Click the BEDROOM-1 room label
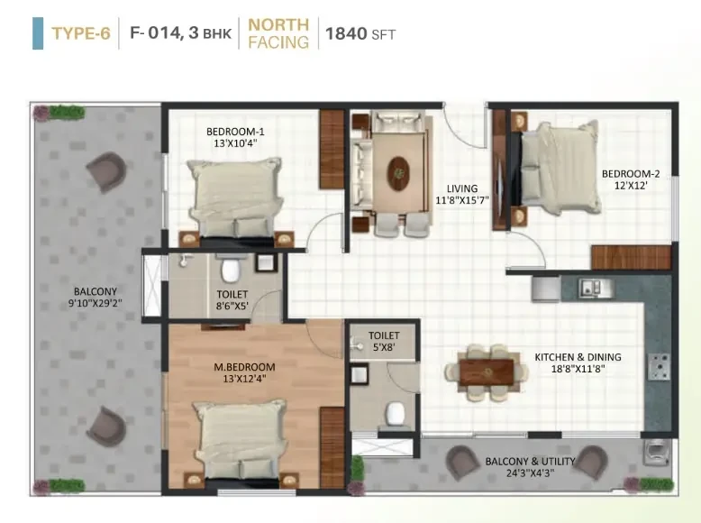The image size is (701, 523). pyautogui.click(x=235, y=132)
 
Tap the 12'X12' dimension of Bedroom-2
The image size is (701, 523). pyautogui.click(x=631, y=185)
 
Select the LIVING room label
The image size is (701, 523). pyautogui.click(x=462, y=188)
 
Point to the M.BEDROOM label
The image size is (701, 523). pyautogui.click(x=244, y=367)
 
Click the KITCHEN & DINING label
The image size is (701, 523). pyautogui.click(x=578, y=357)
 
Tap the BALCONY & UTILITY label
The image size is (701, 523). pyautogui.click(x=530, y=462)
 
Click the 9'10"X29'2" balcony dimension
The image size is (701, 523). pyautogui.click(x=96, y=303)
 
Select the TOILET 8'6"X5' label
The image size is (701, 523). pyautogui.click(x=232, y=299)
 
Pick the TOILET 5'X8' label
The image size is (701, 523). pyautogui.click(x=384, y=341)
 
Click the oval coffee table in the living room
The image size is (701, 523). pyautogui.click(x=398, y=173)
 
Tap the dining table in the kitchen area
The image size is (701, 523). pyautogui.click(x=487, y=372)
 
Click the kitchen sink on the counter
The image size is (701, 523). pyautogui.click(x=596, y=289)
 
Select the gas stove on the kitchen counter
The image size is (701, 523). pyautogui.click(x=659, y=366)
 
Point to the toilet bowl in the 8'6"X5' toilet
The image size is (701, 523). pyautogui.click(x=231, y=268)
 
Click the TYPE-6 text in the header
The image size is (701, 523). pyautogui.click(x=81, y=33)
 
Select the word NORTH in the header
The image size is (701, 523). pyautogui.click(x=278, y=24)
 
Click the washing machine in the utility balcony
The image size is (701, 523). pyautogui.click(x=657, y=451)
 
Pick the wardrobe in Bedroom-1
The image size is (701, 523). pyautogui.click(x=332, y=149)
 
